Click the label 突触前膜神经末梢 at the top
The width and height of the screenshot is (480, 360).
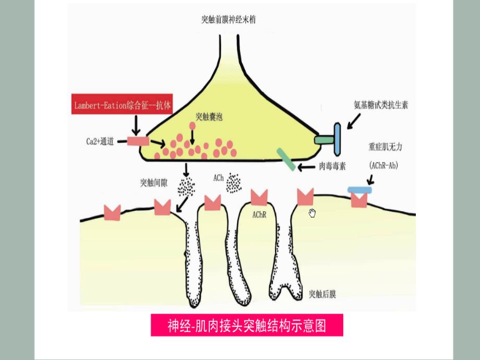pos(229,20)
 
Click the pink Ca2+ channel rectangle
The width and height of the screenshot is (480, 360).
pos(138,140)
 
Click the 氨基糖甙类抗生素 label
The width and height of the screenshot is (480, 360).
pos(380,105)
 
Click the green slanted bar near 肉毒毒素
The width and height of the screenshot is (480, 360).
pos(285,159)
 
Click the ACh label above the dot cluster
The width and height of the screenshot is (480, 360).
pos(218,178)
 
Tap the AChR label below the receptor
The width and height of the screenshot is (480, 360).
pos(259,214)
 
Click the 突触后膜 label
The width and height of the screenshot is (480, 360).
pos(322,294)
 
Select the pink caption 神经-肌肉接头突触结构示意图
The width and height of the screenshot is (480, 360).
pos(247,326)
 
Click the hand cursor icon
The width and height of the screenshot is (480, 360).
pos(313,213)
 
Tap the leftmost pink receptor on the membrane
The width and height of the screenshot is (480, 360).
pos(112,212)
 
